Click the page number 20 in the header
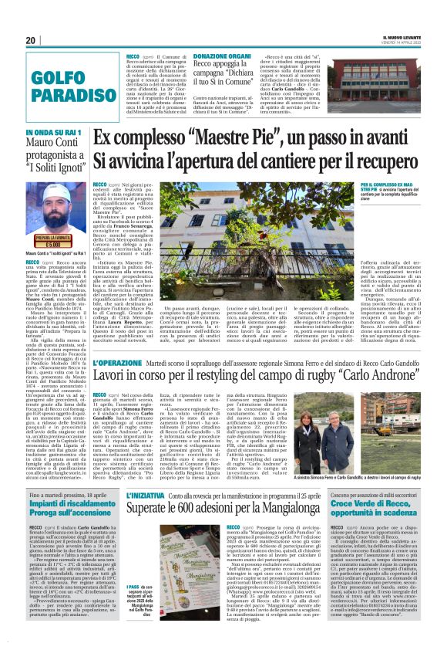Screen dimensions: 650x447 31,40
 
